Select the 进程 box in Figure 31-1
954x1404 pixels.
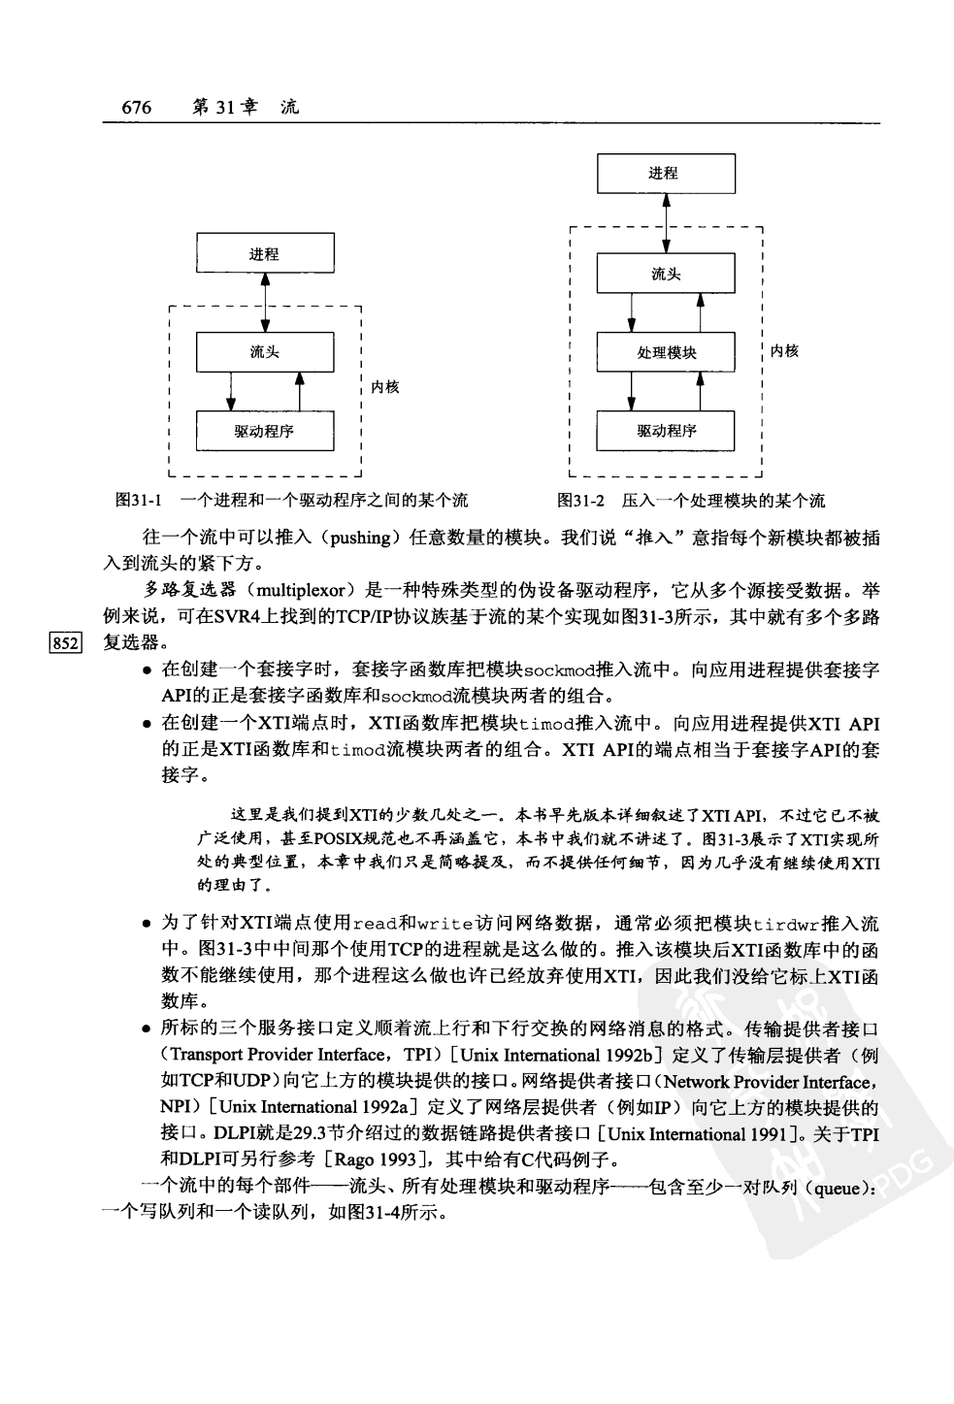[x=264, y=254]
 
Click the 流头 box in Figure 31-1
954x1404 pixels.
[x=264, y=352]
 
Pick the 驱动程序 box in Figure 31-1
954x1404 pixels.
[x=264, y=431]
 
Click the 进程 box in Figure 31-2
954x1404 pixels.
[x=665, y=174]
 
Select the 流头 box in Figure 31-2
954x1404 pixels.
[x=665, y=275]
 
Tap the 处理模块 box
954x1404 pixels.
[x=665, y=352]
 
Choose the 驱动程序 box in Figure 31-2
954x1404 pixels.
[x=665, y=431]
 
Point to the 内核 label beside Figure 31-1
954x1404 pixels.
[x=385, y=387]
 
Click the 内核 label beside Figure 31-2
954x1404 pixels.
[x=784, y=351]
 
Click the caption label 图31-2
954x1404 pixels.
[x=580, y=501]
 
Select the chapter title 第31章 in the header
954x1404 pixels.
[x=225, y=108]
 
